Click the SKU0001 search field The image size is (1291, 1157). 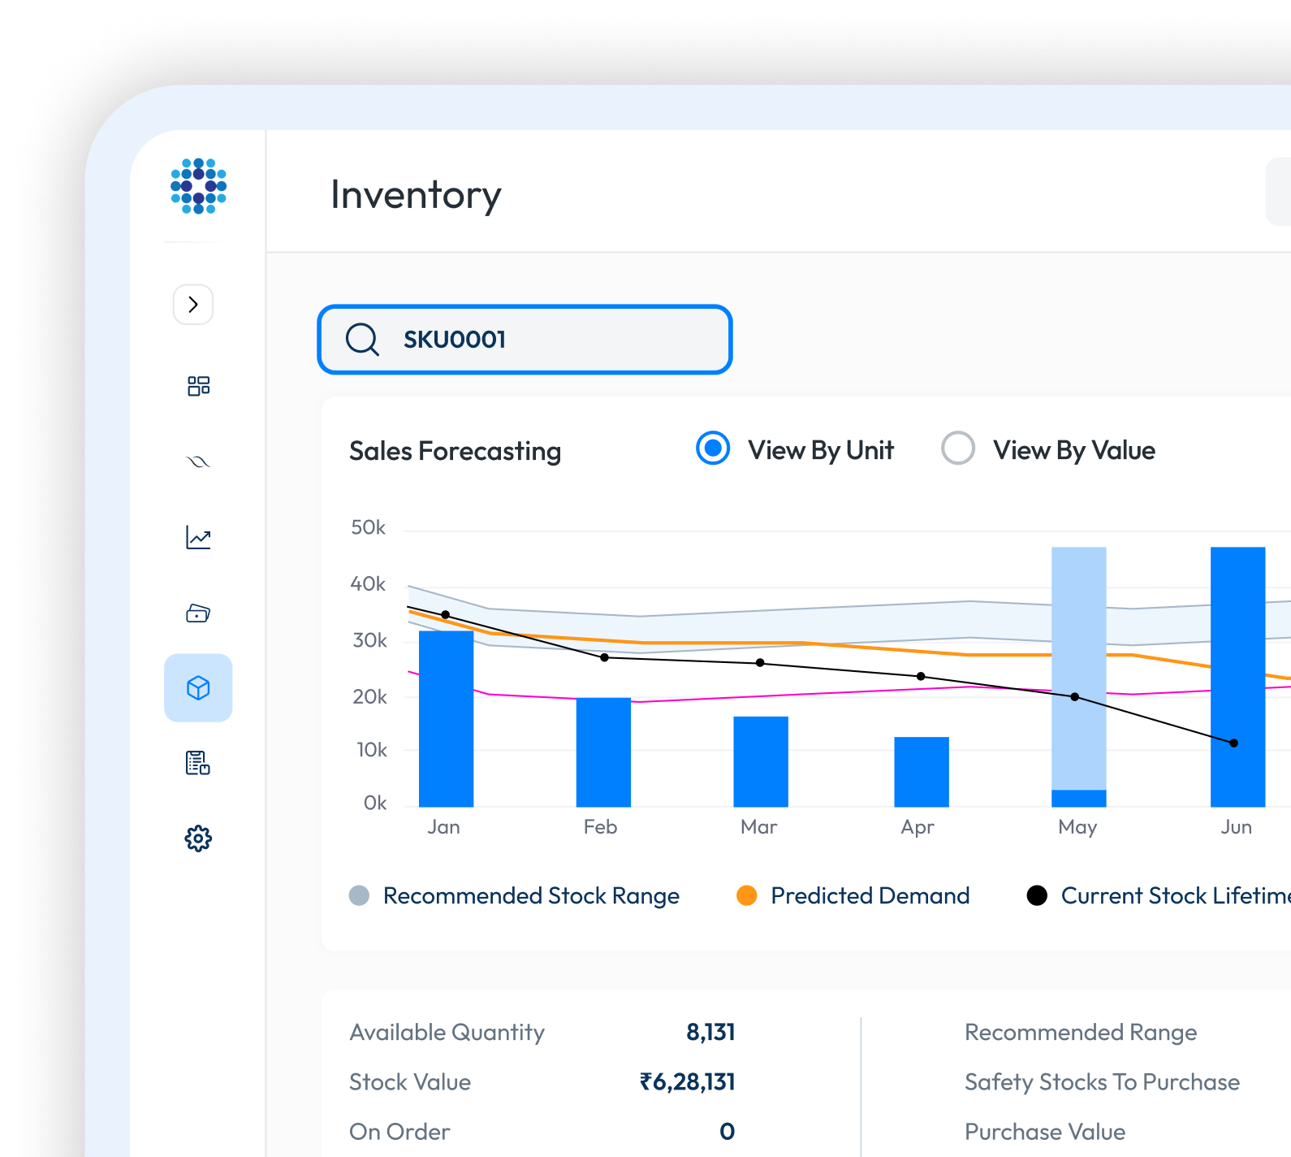pos(525,340)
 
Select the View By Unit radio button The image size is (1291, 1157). pos(713,448)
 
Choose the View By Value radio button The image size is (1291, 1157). pos(958,448)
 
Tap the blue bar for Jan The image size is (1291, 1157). pos(446,719)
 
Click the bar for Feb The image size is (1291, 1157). pos(603,752)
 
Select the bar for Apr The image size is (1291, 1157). pos(921,771)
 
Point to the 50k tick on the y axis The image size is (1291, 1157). pos(369,528)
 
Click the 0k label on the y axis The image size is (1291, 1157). pos(375,804)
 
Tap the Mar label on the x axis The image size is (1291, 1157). pos(758,827)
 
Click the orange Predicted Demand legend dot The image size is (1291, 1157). pos(747,895)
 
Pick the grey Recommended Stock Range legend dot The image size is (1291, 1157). pos(359,895)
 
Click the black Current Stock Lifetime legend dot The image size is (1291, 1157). pos(1037,895)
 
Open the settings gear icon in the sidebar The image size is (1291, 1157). pos(198,838)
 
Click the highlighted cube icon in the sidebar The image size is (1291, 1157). pos(198,688)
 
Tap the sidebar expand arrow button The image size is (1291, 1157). pos(193,305)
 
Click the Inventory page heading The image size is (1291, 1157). pos(416,195)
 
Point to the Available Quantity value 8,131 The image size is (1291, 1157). pos(710,1033)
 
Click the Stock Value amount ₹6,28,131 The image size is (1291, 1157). pos(687,1082)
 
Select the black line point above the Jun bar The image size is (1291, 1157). pos(1233,743)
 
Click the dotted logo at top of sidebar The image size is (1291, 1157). pos(198,186)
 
